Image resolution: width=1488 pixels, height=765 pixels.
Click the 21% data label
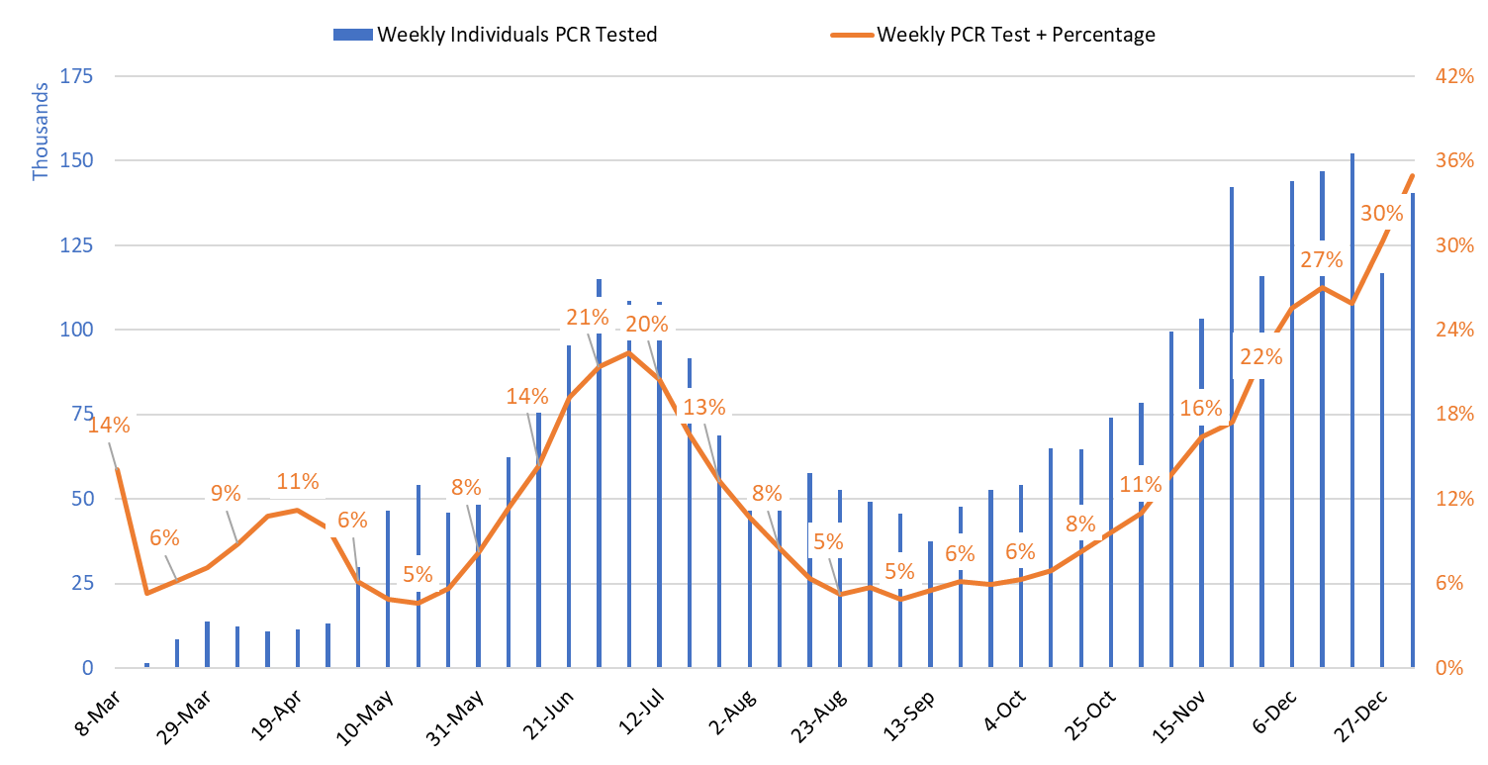(x=588, y=317)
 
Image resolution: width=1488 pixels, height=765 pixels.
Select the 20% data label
(x=647, y=324)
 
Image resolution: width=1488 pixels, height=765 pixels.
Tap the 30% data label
(x=1381, y=213)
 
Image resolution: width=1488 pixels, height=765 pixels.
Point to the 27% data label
(x=1322, y=259)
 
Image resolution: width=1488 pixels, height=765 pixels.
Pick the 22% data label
(x=1260, y=356)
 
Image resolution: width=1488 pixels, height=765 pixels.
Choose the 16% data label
(x=1201, y=408)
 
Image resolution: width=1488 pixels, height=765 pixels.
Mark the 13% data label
(x=704, y=407)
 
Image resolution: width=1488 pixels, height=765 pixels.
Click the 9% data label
(x=226, y=492)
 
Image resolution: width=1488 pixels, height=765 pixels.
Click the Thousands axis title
(x=41, y=132)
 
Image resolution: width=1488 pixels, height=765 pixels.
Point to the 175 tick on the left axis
(x=77, y=76)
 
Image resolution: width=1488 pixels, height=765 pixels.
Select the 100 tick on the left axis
(x=77, y=330)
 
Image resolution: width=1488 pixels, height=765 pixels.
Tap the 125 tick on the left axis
(x=77, y=245)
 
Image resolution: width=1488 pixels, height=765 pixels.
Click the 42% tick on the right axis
(x=1454, y=76)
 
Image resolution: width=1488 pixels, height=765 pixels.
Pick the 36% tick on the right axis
(x=1454, y=160)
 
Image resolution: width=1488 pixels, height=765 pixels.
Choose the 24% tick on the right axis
(x=1454, y=330)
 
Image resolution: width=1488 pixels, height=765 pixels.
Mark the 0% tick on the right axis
(x=1449, y=668)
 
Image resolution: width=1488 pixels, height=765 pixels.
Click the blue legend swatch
(x=353, y=35)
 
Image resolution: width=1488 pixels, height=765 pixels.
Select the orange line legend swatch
(x=852, y=35)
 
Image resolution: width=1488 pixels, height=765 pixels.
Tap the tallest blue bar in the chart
(x=1352, y=410)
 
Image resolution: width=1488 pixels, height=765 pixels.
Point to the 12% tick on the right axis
(x=1454, y=499)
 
